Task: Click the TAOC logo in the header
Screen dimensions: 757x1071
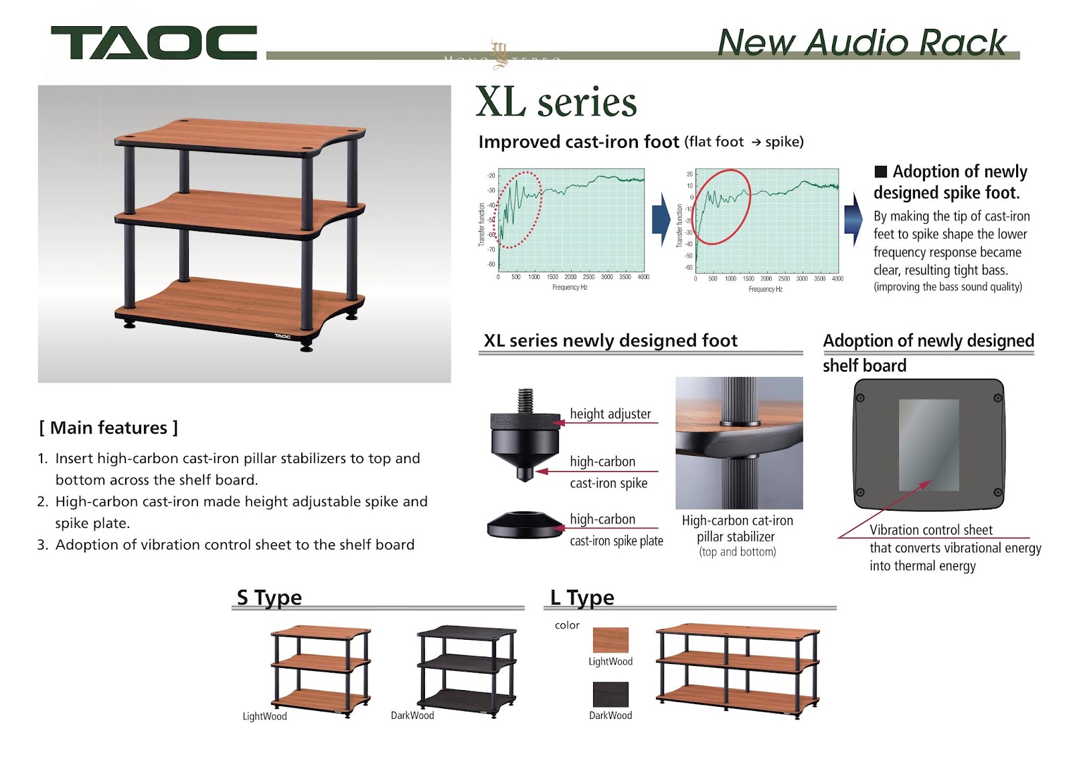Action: tap(153, 43)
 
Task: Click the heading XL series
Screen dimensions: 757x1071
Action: tap(556, 102)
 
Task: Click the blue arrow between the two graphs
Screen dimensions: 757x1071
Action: tap(661, 219)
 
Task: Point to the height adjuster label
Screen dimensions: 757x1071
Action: tap(610, 414)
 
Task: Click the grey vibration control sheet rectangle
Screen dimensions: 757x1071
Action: tap(928, 444)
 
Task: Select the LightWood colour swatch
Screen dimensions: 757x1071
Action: tap(610, 640)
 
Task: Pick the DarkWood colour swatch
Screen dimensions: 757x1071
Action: tap(610, 694)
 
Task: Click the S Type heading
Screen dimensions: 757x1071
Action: tap(269, 597)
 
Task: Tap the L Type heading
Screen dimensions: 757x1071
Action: tap(582, 597)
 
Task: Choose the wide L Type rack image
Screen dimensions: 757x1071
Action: tap(738, 667)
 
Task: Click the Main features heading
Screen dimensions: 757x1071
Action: tap(109, 428)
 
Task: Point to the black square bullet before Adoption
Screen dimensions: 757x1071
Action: tap(881, 171)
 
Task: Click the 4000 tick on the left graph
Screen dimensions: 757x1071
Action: tap(643, 276)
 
